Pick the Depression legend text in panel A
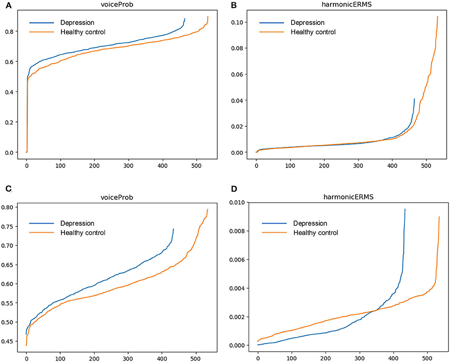point(77,22)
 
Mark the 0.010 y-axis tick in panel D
point(241,202)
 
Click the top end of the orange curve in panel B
point(437,16)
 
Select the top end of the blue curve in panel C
point(174,229)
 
